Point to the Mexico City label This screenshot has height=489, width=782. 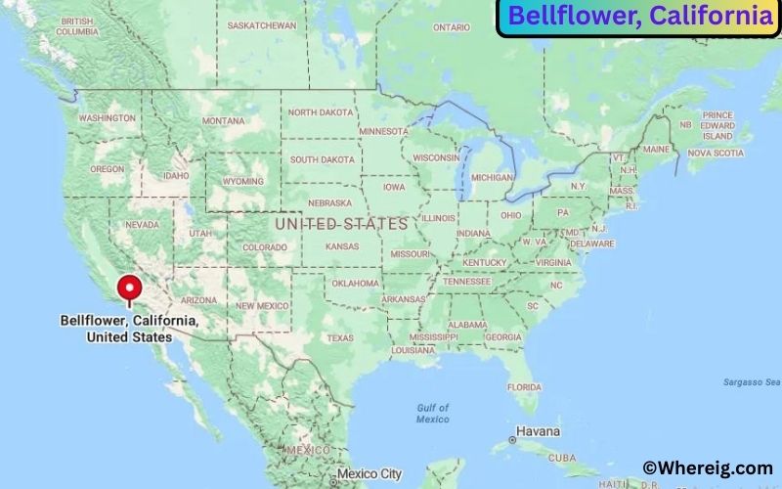(369, 474)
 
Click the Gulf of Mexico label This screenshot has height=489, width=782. (431, 413)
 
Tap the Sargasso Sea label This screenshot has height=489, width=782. (752, 381)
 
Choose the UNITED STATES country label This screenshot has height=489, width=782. (341, 224)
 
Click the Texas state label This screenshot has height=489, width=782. (339, 338)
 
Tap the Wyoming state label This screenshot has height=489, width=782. (242, 182)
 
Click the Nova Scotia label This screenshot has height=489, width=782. (715, 153)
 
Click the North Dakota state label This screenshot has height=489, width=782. (321, 112)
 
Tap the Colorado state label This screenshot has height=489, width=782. (264, 247)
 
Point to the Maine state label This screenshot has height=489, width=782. (656, 150)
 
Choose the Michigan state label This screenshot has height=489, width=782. (492, 178)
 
